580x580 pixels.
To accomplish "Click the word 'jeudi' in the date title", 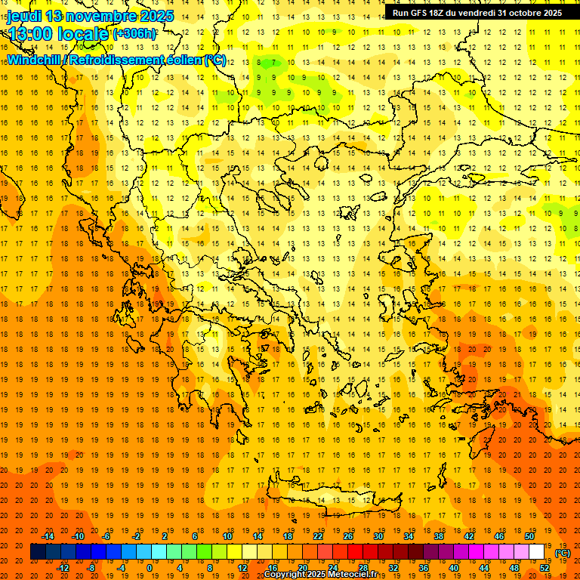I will [24, 16].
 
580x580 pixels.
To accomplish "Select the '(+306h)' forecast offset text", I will [134, 33].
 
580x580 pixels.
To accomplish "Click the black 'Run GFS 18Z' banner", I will [477, 12].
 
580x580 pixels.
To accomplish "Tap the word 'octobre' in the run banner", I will [523, 12].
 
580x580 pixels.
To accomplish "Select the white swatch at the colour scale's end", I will [536, 552].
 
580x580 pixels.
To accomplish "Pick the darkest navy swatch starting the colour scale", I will [38, 552].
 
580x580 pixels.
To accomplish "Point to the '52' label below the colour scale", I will [544, 568].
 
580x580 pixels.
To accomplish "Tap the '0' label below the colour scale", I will [150, 568].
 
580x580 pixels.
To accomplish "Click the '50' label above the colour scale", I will [529, 536].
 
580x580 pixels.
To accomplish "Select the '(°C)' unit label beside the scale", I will [562, 553].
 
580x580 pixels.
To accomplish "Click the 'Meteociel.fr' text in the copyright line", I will [357, 574].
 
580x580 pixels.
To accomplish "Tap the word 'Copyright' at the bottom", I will [285, 574].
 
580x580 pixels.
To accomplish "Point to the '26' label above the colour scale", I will [348, 536].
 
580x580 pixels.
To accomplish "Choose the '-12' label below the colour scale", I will [63, 568].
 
